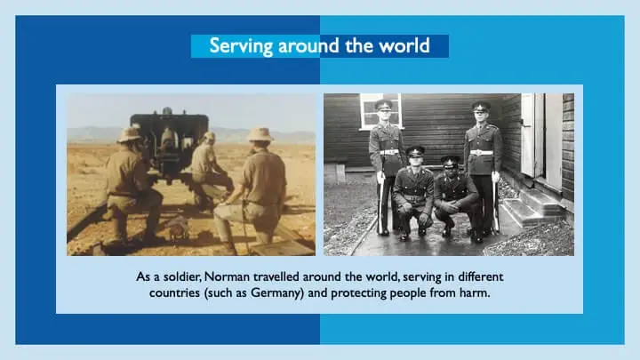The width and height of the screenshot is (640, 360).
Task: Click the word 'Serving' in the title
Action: (236, 45)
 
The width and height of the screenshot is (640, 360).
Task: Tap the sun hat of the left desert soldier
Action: (131, 133)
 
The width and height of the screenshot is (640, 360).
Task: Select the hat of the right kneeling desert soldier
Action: (260, 134)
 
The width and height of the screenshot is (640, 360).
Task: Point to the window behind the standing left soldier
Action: (380, 110)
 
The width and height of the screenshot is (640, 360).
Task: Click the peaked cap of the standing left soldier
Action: (384, 105)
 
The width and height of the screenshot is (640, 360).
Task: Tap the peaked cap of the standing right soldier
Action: (481, 106)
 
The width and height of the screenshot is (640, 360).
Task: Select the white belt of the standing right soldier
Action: (481, 153)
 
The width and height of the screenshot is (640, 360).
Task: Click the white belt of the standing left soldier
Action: (388, 152)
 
